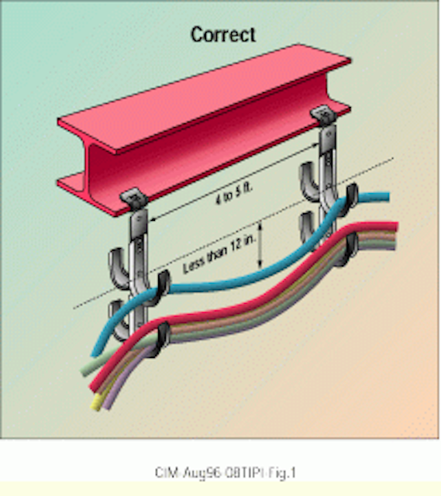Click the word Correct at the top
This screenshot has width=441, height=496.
[x=223, y=34]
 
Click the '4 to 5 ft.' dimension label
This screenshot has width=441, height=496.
[x=234, y=193]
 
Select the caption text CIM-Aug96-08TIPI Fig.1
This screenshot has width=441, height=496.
[x=226, y=473]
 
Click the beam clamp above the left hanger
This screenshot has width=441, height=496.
[x=134, y=198]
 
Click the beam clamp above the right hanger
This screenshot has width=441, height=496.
[x=324, y=115]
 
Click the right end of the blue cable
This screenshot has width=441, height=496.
[x=387, y=197]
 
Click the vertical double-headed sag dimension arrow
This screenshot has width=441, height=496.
[x=260, y=245]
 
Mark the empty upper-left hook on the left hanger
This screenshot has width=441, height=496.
[x=118, y=268]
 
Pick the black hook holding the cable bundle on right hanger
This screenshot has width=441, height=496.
[x=350, y=250]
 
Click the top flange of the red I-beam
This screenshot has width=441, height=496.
[x=205, y=98]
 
